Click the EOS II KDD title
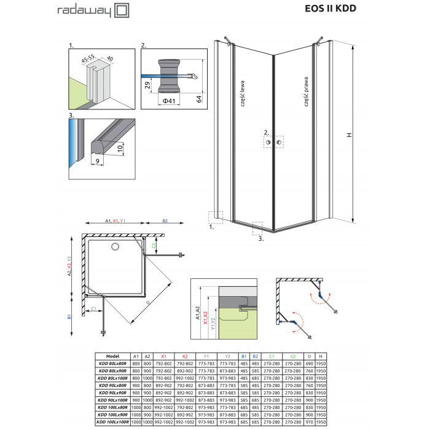point(330,9)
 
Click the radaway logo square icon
point(122,10)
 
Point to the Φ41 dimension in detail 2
point(169,101)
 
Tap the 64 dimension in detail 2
point(199,99)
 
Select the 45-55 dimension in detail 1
point(88,59)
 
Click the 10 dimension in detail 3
point(120,149)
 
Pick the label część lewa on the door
point(243,93)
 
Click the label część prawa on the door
point(306,92)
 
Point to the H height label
point(349,135)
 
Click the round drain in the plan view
point(115,247)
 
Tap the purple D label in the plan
point(148,303)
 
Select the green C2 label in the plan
point(154,246)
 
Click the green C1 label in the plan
point(94,309)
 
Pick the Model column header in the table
point(112,356)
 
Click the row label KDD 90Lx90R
point(112,393)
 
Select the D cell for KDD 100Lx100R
point(310,422)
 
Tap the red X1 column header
point(164,356)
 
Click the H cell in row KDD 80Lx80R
point(321,364)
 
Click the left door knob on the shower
point(268,142)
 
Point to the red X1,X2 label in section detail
point(205,318)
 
